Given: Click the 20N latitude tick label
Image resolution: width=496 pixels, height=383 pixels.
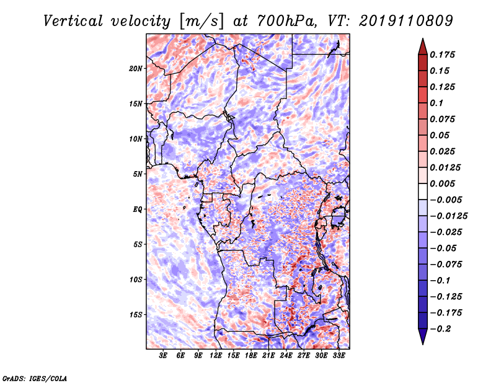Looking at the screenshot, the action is (x=136, y=69).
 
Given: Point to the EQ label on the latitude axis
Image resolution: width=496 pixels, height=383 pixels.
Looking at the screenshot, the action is (x=138, y=209).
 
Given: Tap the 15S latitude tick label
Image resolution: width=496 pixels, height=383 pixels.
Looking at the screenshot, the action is (x=136, y=315).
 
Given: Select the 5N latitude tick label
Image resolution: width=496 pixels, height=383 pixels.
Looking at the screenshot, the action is (x=138, y=174).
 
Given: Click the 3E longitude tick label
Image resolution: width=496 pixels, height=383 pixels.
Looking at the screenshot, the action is (x=163, y=356).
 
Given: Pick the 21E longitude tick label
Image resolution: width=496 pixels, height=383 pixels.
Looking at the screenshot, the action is (x=268, y=356).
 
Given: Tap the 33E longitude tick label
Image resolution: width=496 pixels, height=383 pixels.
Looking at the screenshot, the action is (x=339, y=356).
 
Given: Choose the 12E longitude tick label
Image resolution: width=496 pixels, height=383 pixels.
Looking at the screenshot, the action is (x=215, y=356).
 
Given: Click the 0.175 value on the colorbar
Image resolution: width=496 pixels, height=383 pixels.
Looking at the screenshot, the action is (x=442, y=55).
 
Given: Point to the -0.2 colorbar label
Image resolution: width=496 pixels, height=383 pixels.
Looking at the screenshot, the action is (x=440, y=329).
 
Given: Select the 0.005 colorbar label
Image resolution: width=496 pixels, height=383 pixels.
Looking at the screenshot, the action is (x=442, y=183).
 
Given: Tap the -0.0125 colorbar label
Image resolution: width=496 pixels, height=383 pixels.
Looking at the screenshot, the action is (x=448, y=216).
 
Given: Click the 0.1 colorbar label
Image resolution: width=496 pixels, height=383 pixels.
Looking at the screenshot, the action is (x=436, y=103).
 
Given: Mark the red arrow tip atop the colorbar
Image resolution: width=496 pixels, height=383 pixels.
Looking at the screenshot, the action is (x=423, y=38).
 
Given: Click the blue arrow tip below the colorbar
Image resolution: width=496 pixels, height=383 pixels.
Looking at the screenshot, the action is (x=423, y=344).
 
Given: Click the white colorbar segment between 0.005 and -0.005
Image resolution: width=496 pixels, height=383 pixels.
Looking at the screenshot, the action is (x=423, y=191).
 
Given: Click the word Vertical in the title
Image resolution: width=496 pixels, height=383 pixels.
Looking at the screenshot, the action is (x=73, y=22).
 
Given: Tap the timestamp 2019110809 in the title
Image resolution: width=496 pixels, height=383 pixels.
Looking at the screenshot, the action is (x=406, y=21).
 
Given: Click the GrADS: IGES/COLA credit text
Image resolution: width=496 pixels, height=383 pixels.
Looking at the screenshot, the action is (x=35, y=378).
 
